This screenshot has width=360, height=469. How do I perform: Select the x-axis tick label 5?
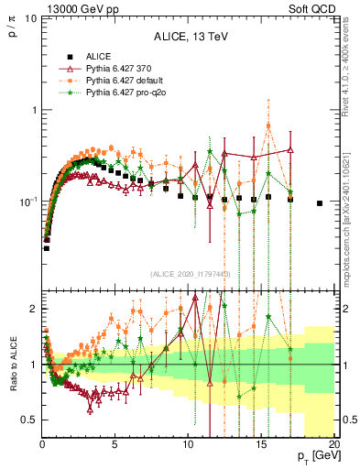coord(115,443)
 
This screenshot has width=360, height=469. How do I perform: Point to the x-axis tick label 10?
coord(188,443)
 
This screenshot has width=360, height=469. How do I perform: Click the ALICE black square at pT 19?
coord(320,203)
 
